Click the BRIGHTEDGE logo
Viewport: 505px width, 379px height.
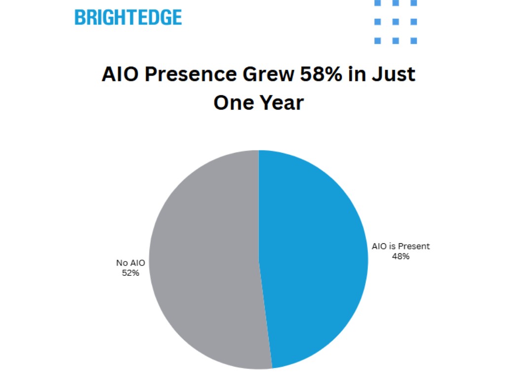[x=128, y=17]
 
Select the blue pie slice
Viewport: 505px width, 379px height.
[x=316, y=257]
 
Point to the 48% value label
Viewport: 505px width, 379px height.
[x=400, y=256]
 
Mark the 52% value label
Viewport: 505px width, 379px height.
[x=131, y=272]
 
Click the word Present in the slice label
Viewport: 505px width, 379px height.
[x=415, y=246]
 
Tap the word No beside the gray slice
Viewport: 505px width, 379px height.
[x=122, y=263]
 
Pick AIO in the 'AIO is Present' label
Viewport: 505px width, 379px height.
[x=380, y=246]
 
